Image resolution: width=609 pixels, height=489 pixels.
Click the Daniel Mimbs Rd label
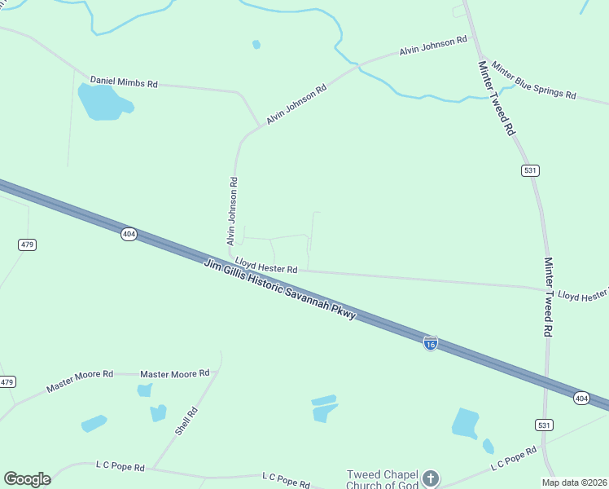(124, 82)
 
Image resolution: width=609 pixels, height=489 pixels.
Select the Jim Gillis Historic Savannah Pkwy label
(280, 289)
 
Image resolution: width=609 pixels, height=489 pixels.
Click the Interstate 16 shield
(431, 344)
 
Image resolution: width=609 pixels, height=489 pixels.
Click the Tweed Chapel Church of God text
(383, 480)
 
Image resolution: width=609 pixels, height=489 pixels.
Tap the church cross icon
(431, 478)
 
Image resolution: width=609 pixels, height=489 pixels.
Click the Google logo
(27, 479)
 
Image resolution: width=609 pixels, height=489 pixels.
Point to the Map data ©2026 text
(574, 482)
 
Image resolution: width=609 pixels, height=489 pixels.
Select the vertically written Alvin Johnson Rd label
(232, 211)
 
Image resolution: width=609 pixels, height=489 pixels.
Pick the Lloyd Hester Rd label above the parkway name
(266, 265)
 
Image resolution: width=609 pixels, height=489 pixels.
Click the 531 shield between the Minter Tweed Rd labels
(531, 170)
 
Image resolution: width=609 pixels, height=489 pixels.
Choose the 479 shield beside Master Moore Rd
(7, 381)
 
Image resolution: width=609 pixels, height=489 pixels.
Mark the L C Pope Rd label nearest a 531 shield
(513, 457)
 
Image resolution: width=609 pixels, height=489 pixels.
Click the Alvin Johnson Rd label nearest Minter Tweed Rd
(433, 45)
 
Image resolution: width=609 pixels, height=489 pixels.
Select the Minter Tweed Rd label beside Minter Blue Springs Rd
(497, 98)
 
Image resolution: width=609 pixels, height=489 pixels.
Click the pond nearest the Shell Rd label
(158, 412)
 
